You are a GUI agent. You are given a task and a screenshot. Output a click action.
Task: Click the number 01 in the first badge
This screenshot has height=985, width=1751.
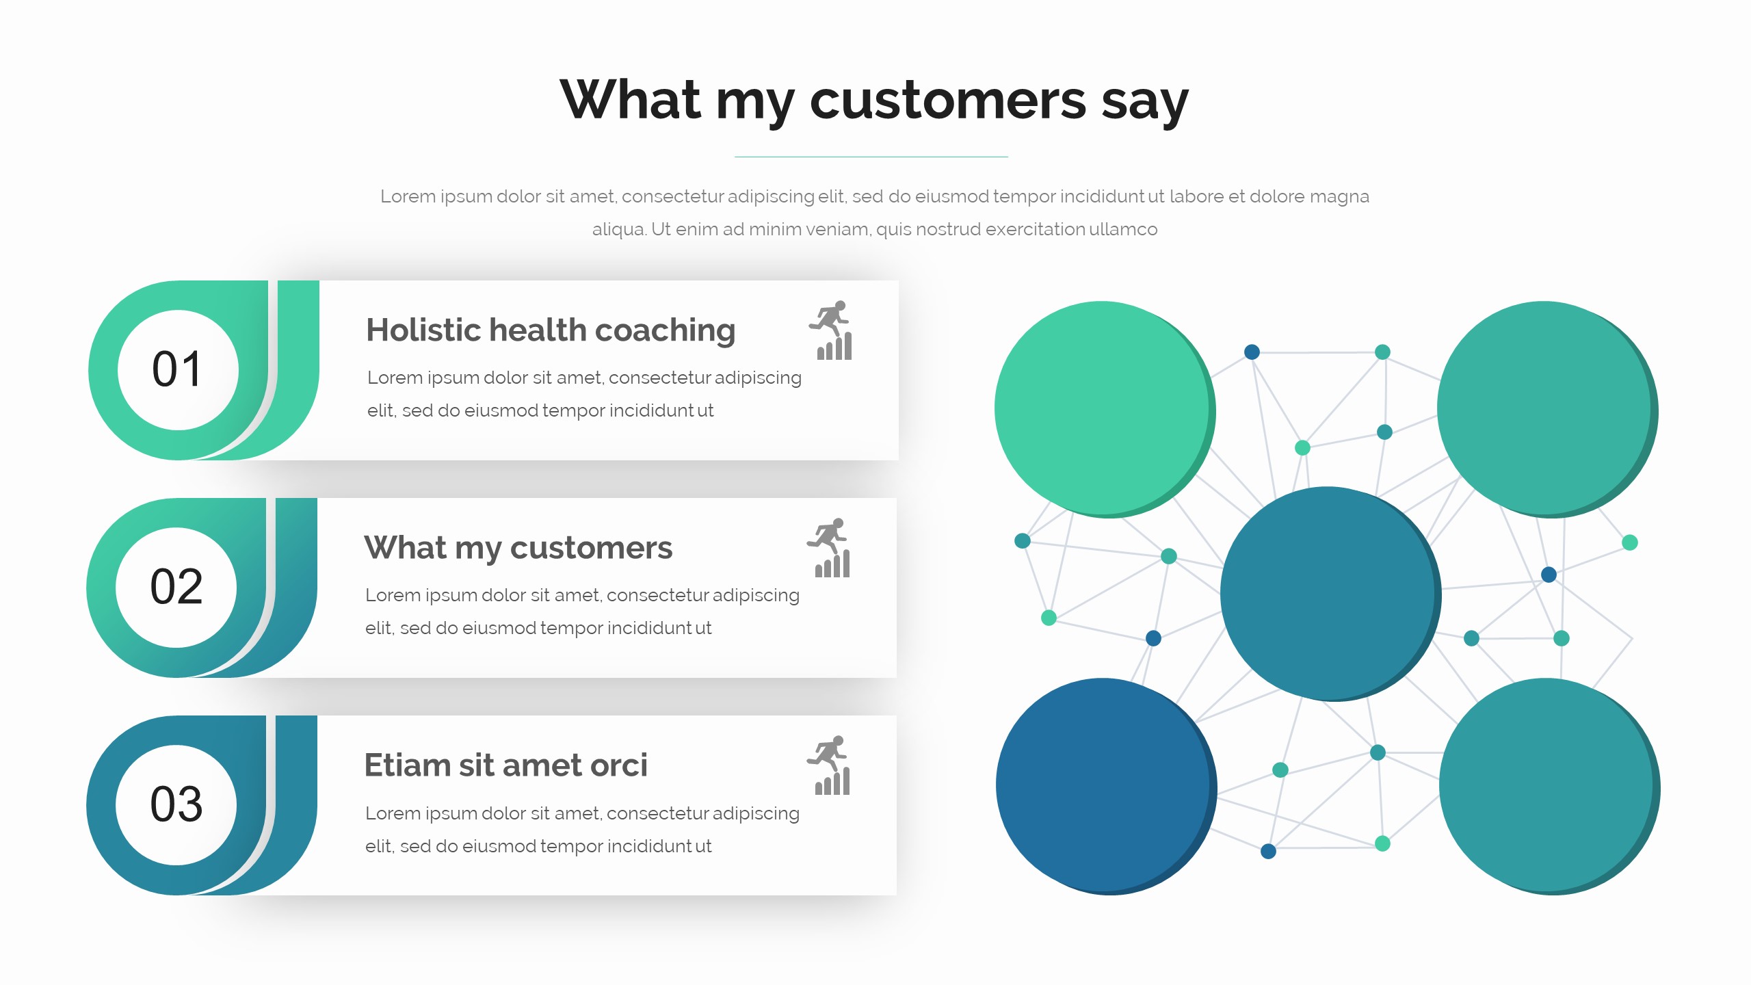click(x=177, y=369)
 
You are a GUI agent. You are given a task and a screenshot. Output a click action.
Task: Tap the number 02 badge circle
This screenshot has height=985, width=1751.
click(x=176, y=588)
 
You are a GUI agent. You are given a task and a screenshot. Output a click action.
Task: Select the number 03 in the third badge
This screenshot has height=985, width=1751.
click(x=176, y=804)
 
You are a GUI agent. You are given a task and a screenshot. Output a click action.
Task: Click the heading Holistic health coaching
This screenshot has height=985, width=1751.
click(x=551, y=330)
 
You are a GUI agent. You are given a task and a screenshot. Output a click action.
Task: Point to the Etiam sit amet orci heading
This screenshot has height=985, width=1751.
click(x=505, y=765)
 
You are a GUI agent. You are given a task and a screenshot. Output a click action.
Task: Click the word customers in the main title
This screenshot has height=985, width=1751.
click(x=948, y=101)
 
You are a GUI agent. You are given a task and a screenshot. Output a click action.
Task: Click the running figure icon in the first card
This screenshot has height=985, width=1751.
click(x=830, y=330)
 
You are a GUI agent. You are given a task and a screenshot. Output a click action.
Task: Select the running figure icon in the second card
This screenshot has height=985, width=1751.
click(x=828, y=548)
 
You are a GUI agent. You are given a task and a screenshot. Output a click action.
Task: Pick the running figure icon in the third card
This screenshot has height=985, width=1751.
click(x=828, y=765)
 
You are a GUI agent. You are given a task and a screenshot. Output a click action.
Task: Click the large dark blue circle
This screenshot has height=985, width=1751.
click(x=1106, y=787)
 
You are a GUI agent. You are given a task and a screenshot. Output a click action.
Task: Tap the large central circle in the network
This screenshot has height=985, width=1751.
click(x=1330, y=594)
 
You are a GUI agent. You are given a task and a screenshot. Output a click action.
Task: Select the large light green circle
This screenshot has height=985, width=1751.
click(x=1105, y=409)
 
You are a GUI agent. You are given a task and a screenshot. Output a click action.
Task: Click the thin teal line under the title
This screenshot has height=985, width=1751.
click(x=871, y=157)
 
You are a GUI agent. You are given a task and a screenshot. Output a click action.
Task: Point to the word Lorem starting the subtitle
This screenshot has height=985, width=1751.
click(x=408, y=196)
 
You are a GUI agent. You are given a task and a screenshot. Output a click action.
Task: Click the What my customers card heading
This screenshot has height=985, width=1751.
click(x=518, y=548)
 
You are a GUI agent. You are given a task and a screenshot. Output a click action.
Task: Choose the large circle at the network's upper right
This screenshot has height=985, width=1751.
click(x=1547, y=409)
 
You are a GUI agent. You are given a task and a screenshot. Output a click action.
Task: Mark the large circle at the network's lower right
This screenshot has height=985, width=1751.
click(x=1549, y=787)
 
